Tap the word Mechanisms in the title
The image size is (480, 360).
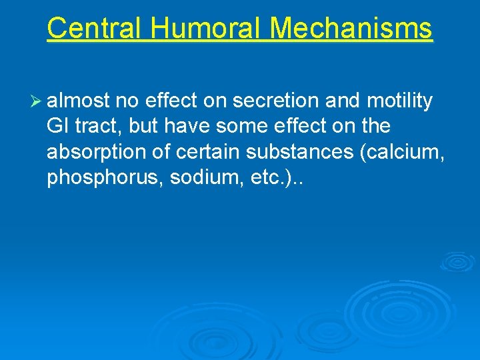point(351,29)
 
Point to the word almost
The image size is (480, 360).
point(78,101)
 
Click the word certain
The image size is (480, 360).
point(207,152)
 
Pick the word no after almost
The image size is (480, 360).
point(125,101)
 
